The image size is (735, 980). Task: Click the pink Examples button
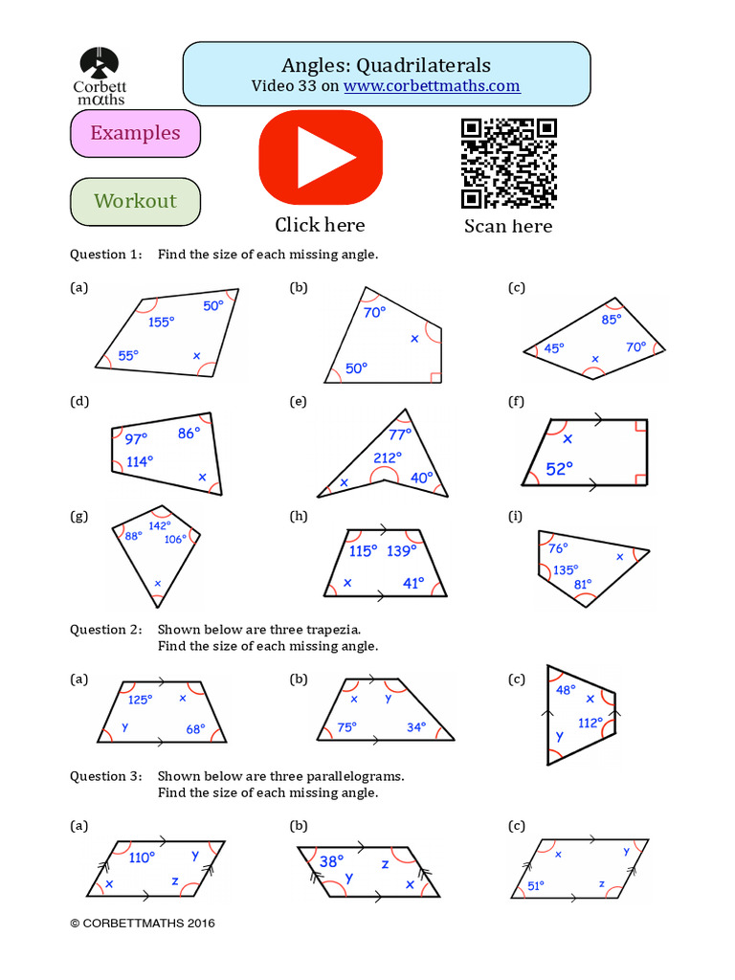point(135,133)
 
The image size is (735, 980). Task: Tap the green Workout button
point(135,201)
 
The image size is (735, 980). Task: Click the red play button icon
point(320,157)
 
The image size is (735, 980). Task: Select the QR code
point(508,163)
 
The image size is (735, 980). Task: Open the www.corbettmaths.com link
point(432,86)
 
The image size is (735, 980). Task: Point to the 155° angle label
point(161,323)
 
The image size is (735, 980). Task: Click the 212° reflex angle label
point(388,457)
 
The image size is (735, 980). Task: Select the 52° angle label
point(559,468)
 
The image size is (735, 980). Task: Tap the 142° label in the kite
point(159,525)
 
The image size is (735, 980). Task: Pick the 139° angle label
point(401,551)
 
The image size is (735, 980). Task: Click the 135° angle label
point(566,568)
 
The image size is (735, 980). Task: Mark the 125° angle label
point(140,700)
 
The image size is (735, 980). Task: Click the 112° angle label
point(590,723)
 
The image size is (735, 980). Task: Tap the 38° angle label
point(331,860)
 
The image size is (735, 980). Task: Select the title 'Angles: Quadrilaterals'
point(386,65)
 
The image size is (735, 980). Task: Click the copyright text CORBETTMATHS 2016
point(143,924)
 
